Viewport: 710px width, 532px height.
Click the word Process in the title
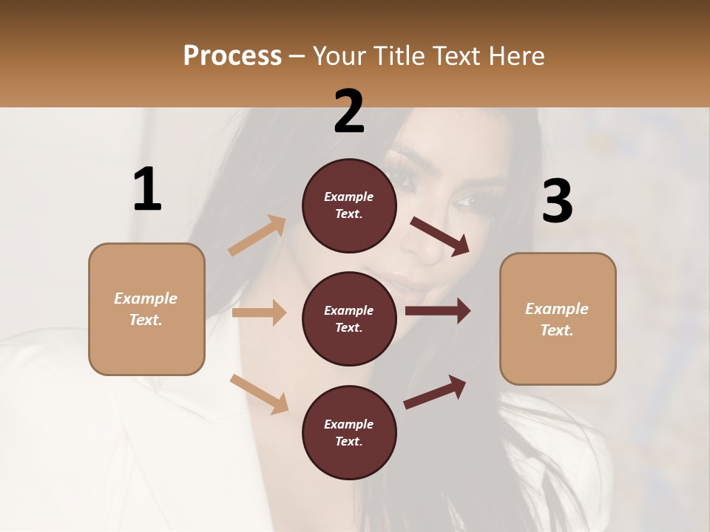pos(232,55)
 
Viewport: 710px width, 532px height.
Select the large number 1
pos(147,189)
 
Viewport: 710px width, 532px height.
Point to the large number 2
pos(349,112)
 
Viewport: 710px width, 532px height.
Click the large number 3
pos(557,201)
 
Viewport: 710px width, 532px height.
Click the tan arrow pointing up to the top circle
pos(257,236)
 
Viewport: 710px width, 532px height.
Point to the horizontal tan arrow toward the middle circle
pos(259,313)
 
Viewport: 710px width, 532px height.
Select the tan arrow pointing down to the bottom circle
pos(259,393)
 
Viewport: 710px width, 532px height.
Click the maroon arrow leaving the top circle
pos(439,236)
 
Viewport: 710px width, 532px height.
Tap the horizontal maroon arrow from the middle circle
pos(437,311)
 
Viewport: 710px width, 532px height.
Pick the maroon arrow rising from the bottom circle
pos(435,392)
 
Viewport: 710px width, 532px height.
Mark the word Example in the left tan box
pos(146,299)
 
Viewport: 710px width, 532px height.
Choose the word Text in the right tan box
pos(555,330)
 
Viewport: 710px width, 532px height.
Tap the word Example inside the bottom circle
pos(348,424)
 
